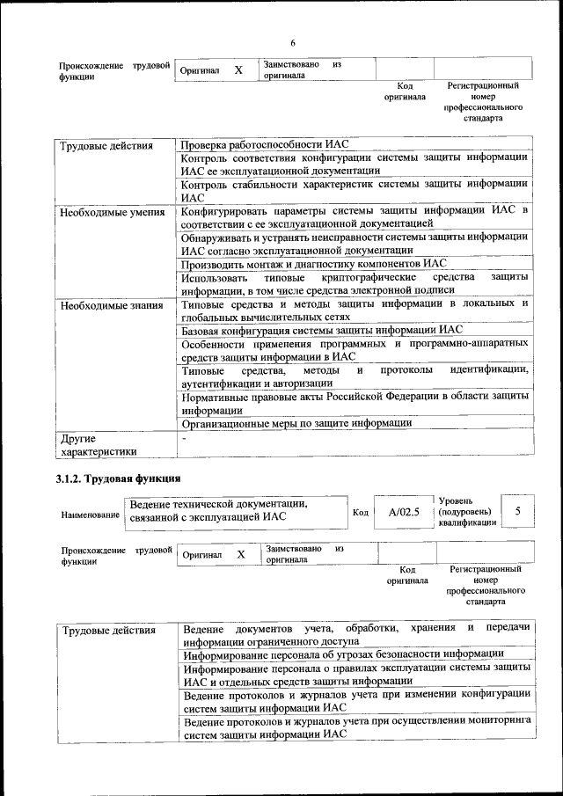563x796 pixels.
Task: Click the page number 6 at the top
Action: (293, 44)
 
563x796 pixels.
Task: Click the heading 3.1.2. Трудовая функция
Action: (113, 478)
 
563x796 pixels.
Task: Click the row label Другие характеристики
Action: (98, 444)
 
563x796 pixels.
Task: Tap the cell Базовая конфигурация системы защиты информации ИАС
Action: (321, 331)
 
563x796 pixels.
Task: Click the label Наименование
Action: (90, 514)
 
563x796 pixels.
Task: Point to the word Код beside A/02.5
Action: (361, 512)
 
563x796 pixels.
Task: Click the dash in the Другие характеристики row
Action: (184, 437)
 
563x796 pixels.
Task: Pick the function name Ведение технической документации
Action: (217, 504)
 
